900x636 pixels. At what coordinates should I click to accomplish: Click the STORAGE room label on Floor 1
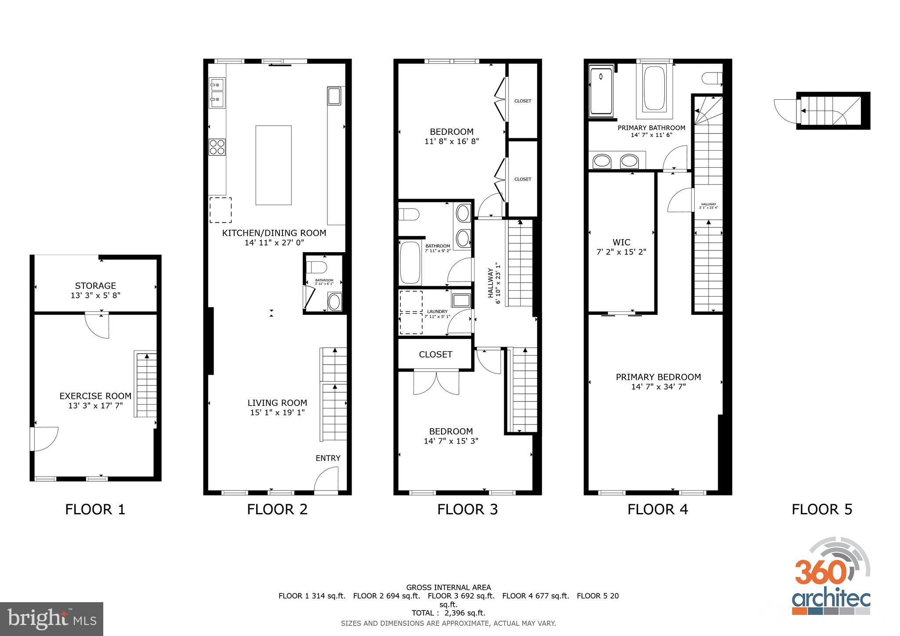tap(95, 286)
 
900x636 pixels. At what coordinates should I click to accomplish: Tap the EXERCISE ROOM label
tap(95, 396)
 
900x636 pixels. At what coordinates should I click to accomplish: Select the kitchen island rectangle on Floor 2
tap(273, 165)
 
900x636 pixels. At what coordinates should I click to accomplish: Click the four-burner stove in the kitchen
tap(217, 147)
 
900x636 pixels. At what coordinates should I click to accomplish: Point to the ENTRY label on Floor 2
tap(328, 458)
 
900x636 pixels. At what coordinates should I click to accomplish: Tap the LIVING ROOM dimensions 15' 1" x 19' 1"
tap(277, 412)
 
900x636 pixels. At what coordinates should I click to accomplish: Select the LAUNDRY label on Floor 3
tap(437, 311)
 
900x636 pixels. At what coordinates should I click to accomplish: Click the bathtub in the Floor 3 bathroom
tap(410, 263)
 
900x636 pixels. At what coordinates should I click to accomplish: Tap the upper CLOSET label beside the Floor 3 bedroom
tap(523, 101)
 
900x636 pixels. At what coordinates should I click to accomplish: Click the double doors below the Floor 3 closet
tap(436, 382)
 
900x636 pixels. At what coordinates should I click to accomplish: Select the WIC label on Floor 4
tap(621, 242)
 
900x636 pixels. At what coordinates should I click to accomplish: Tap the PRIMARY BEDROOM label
tap(658, 377)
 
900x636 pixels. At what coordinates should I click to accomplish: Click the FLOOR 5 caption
tap(822, 510)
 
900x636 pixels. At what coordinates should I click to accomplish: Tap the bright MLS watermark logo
tap(51, 619)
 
